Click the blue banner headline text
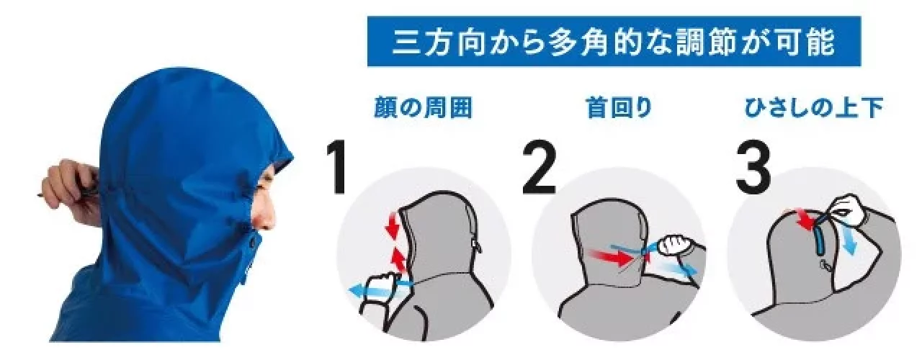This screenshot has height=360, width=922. [x=613, y=41]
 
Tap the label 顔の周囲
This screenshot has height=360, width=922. [x=423, y=108]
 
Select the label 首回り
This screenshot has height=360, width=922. [x=619, y=108]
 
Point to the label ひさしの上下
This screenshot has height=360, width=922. [x=814, y=108]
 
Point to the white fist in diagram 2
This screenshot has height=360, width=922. [x=674, y=247]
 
